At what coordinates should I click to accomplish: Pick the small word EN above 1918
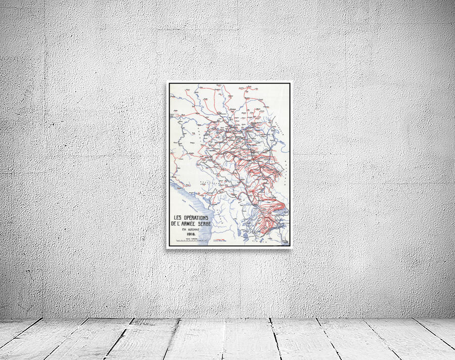point(184,229)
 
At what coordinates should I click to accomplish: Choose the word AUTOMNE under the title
point(194,229)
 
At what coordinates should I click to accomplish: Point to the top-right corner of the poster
point(291,82)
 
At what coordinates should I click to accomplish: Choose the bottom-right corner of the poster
point(291,248)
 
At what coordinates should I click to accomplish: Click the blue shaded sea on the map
point(178,195)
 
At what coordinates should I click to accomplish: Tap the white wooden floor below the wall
point(227,339)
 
